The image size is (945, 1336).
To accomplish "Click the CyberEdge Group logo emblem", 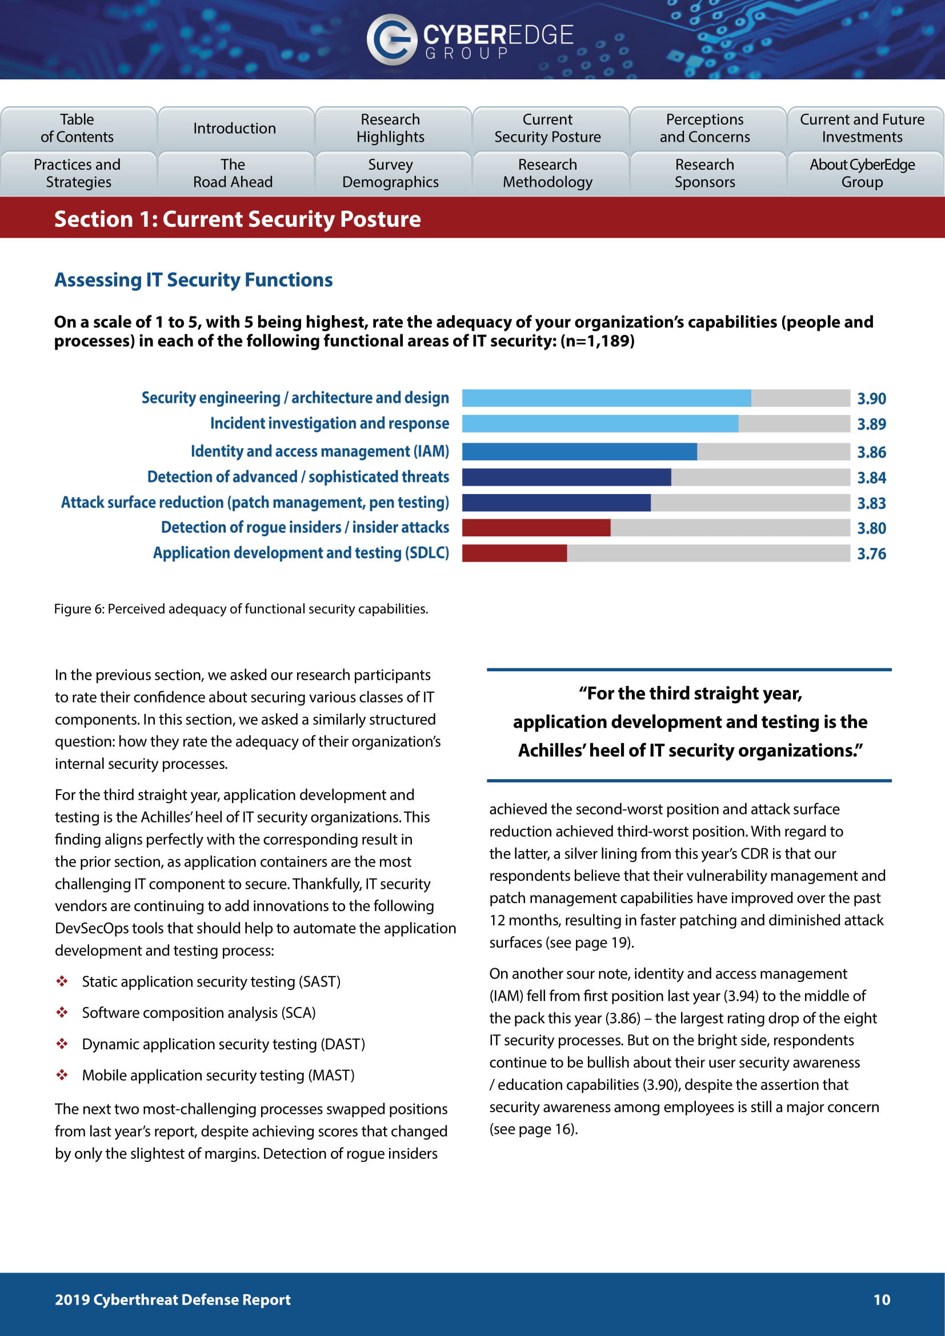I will coord(391,39).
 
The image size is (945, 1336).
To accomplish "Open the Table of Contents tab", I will coord(78,128).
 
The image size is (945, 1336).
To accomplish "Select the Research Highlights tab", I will coord(390,128).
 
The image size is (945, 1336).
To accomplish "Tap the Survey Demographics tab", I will coord(390,174).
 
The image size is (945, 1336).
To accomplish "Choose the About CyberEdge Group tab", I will coord(862,174).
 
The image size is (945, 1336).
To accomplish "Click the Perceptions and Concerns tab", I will coord(704,128).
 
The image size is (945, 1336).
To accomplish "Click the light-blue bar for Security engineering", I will coord(606,398).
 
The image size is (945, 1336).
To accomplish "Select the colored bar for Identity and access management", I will coord(579,452).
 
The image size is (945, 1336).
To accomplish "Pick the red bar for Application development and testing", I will coord(514,553).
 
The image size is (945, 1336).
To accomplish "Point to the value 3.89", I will coord(871,424).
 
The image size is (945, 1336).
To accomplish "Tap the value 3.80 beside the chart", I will coord(871,528).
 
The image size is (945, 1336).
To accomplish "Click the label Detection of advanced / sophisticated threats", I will coord(298,477).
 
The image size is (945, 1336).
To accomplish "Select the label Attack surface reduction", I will coord(255,503).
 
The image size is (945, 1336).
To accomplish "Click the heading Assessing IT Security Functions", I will coord(193,280).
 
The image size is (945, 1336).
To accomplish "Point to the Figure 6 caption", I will coord(241,609).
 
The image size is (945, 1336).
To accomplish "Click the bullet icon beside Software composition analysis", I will coord(62,1013).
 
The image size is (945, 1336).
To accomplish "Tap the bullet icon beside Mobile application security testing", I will coord(62,1075).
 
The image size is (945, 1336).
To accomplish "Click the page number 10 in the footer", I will coord(882,1299).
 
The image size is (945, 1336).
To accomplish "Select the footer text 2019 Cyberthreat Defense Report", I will coord(172,1299).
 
